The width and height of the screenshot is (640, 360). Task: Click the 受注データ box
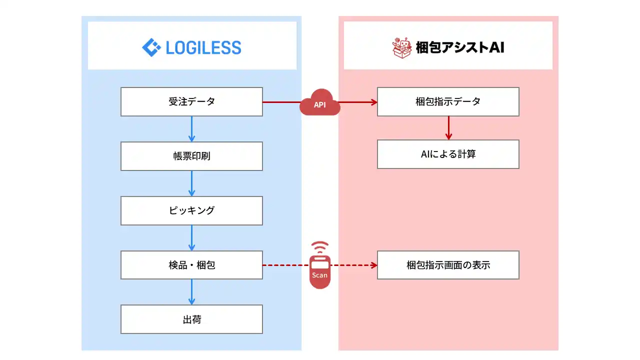tap(191, 101)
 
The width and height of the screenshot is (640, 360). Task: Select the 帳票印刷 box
tap(191, 156)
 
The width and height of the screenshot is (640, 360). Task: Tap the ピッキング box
tap(191, 210)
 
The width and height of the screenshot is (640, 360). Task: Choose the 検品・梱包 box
tap(191, 265)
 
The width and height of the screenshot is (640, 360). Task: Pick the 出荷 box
tap(191, 319)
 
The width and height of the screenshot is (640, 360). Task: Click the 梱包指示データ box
tap(448, 101)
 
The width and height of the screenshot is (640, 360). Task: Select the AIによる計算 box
tap(448, 154)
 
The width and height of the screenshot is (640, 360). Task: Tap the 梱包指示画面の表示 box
tap(448, 265)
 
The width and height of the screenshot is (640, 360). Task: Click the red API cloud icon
tap(320, 103)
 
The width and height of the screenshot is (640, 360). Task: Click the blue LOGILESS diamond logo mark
tap(151, 47)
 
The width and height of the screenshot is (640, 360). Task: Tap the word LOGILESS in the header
tap(203, 48)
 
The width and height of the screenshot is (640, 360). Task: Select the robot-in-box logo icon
tap(401, 47)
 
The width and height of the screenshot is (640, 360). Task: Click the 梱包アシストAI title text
tap(460, 48)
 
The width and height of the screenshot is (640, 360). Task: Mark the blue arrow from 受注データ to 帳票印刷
tap(191, 129)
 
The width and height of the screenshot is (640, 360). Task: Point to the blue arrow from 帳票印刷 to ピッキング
tap(191, 183)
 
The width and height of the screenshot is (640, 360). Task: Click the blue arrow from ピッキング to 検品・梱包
tap(191, 238)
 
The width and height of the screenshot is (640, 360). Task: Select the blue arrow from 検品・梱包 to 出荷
tap(191, 292)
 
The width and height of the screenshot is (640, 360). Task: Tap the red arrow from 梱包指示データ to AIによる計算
tap(448, 128)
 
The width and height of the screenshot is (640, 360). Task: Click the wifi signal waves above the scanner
tap(320, 247)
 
